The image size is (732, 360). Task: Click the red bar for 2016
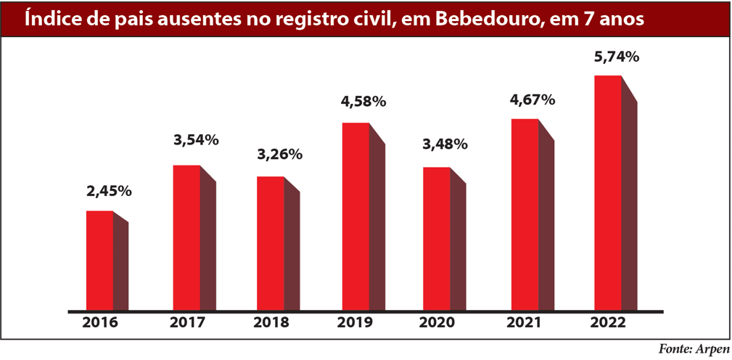tap(100, 261)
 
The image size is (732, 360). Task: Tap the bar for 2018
tap(271, 244)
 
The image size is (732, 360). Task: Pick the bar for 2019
tap(355, 217)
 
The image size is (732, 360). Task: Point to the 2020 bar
tap(437, 240)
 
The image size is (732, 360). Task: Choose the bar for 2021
tap(525, 215)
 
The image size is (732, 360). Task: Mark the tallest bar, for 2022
tap(608, 193)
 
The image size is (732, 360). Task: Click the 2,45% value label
tap(109, 192)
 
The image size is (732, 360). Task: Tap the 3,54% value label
tap(196, 140)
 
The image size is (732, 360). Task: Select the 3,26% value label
tap(279, 155)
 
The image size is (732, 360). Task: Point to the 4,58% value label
tap(363, 101)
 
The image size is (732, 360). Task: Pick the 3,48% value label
tap(445, 144)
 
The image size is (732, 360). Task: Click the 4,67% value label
tap(532, 99)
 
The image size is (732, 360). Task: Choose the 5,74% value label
tap(617, 55)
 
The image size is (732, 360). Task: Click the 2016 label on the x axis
tap(102, 323)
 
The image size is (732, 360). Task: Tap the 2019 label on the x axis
tap(355, 323)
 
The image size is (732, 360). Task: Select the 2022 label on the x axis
tap(609, 323)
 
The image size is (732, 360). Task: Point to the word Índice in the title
tap(54, 20)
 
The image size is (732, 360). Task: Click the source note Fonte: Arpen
tap(694, 349)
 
